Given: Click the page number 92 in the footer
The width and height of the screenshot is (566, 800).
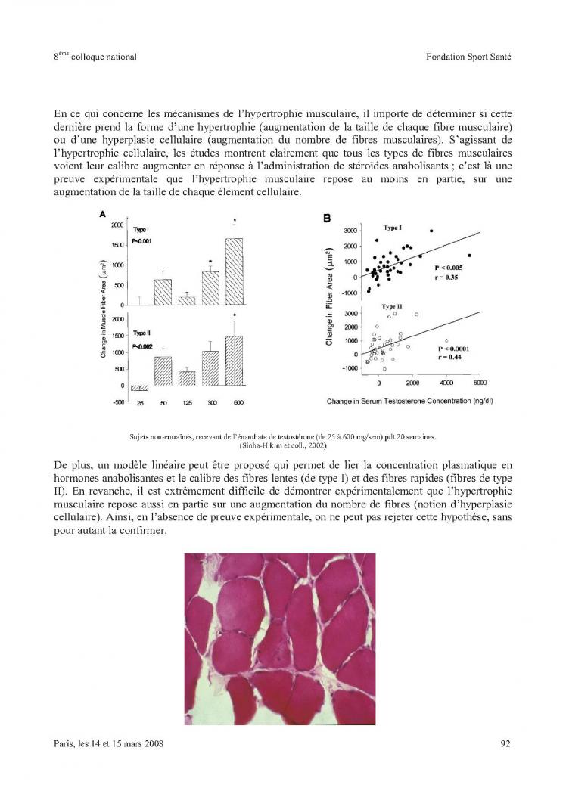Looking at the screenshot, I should tap(505, 743).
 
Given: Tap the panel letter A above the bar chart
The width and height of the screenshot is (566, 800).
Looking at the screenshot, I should tap(102, 216).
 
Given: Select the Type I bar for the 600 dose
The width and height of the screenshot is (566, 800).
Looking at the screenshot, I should tap(235, 271).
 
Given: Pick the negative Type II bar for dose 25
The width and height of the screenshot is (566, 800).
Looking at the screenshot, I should tap(139, 388).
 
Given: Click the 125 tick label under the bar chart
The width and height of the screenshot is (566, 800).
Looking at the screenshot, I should tap(187, 403).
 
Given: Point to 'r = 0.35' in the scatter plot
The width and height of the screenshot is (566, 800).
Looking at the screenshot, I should tap(446, 278).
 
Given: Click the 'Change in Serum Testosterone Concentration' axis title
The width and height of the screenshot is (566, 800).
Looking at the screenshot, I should tap(409, 401).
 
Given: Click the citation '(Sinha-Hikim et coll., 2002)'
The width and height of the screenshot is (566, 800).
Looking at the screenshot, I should tap(282, 446).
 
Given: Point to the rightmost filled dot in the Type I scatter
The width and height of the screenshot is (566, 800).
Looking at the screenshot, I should tap(470, 256).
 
